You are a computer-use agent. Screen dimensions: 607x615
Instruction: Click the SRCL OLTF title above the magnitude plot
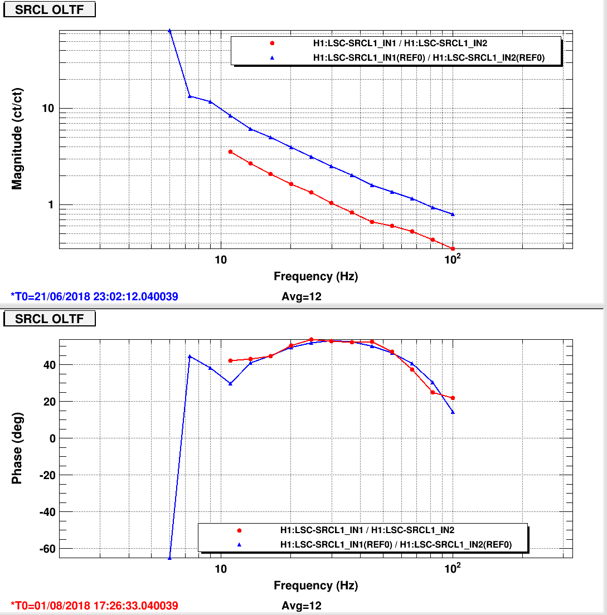coord(50,9)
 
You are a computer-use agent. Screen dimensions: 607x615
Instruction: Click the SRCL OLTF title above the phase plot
coord(50,319)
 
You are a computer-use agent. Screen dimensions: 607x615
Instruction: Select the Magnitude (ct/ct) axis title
coord(17,139)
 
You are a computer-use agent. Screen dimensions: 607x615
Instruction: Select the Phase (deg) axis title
coord(17,448)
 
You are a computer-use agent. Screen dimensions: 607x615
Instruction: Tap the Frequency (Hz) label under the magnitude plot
coord(316,276)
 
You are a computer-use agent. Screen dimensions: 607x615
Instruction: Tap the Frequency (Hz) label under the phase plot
coord(316,585)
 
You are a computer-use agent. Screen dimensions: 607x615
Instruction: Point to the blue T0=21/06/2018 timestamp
coord(94,296)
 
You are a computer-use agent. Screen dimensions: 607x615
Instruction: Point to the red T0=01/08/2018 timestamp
coord(94,605)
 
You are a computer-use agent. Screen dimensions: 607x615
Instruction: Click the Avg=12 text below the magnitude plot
coord(302,296)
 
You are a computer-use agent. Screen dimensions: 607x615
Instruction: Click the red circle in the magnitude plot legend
coord(272,43)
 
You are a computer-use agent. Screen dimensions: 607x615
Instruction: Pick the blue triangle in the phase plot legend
coord(239,544)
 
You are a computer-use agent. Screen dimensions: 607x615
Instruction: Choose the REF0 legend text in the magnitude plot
coord(429,58)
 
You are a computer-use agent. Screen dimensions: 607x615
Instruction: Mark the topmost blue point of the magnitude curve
coord(169,31)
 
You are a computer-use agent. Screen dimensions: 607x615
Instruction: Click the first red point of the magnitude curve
coord(230,152)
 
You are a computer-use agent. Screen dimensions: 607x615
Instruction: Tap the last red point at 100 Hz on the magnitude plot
coord(453,248)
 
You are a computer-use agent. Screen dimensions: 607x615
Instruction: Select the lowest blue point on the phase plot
coord(169,557)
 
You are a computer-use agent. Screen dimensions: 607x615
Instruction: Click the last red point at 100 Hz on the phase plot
coord(453,398)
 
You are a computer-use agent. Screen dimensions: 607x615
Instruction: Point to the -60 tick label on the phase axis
coord(47,549)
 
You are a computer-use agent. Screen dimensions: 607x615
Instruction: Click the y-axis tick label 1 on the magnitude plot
coord(51,205)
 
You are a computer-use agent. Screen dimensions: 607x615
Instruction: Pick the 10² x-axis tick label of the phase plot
coord(453,568)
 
